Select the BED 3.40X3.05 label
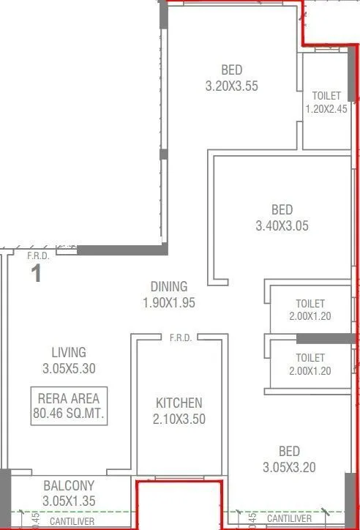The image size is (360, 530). pyautogui.click(x=282, y=218)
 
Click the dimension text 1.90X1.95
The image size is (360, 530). pyautogui.click(x=169, y=302)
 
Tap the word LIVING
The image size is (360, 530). pyautogui.click(x=69, y=352)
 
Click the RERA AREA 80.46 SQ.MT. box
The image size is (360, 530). pyautogui.click(x=70, y=406)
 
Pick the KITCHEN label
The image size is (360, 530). pyautogui.click(x=179, y=403)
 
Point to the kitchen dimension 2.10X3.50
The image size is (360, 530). pyautogui.click(x=179, y=419)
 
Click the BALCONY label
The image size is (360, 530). pyautogui.click(x=68, y=485)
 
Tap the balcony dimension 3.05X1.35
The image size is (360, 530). pyautogui.click(x=68, y=501)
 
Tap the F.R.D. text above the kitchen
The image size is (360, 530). pyautogui.click(x=180, y=338)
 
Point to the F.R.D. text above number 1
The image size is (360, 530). pyautogui.click(x=38, y=255)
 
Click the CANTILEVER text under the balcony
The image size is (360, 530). pyautogui.click(x=71, y=520)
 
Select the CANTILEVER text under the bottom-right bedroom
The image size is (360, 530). pyautogui.click(x=291, y=519)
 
